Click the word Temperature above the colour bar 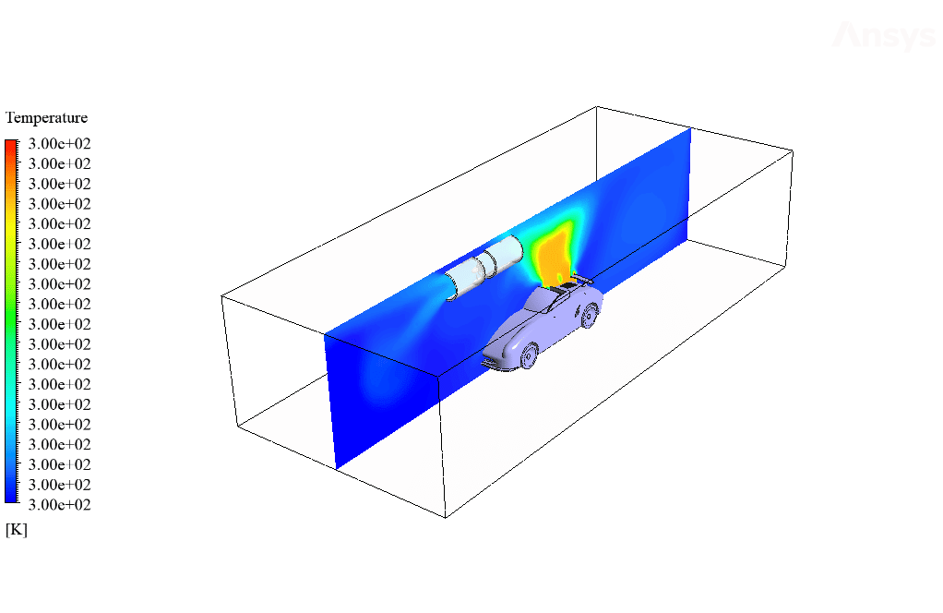click(46, 118)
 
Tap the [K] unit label click(17, 530)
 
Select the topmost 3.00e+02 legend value click(60, 144)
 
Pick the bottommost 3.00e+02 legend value click(60, 505)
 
